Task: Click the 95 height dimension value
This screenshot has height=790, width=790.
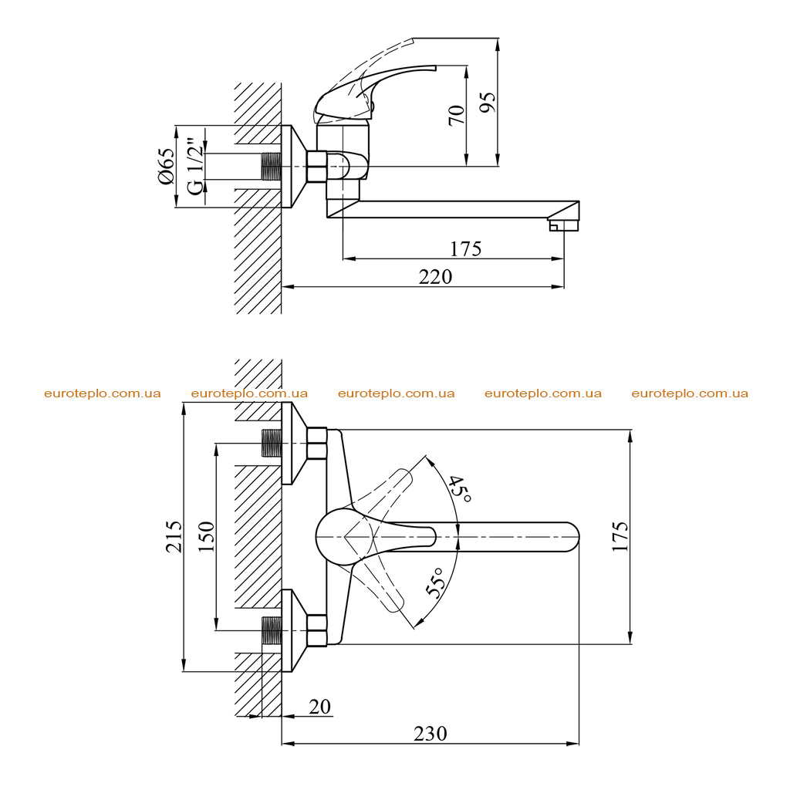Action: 488,103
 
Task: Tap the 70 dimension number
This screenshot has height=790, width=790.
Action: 456,116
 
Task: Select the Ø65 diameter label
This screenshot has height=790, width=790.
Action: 166,167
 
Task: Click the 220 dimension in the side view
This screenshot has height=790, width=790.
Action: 435,277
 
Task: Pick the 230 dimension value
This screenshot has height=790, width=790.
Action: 430,734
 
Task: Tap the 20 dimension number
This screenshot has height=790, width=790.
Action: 320,707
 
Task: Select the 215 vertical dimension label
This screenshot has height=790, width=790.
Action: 174,537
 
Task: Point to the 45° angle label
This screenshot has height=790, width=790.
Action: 460,488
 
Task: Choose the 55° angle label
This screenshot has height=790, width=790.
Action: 437,582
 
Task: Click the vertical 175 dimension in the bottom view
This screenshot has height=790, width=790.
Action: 620,537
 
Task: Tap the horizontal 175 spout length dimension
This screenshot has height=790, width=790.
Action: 465,249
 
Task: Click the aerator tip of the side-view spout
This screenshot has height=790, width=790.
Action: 564,225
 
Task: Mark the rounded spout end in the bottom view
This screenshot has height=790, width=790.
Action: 573,537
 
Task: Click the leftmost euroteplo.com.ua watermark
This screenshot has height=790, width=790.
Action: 103,393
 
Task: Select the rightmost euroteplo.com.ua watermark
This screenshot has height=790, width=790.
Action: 690,393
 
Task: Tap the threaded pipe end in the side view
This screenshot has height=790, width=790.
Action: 272,167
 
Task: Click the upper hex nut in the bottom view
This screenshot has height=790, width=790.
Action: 317,444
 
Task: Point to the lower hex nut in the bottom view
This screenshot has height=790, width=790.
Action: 317,630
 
